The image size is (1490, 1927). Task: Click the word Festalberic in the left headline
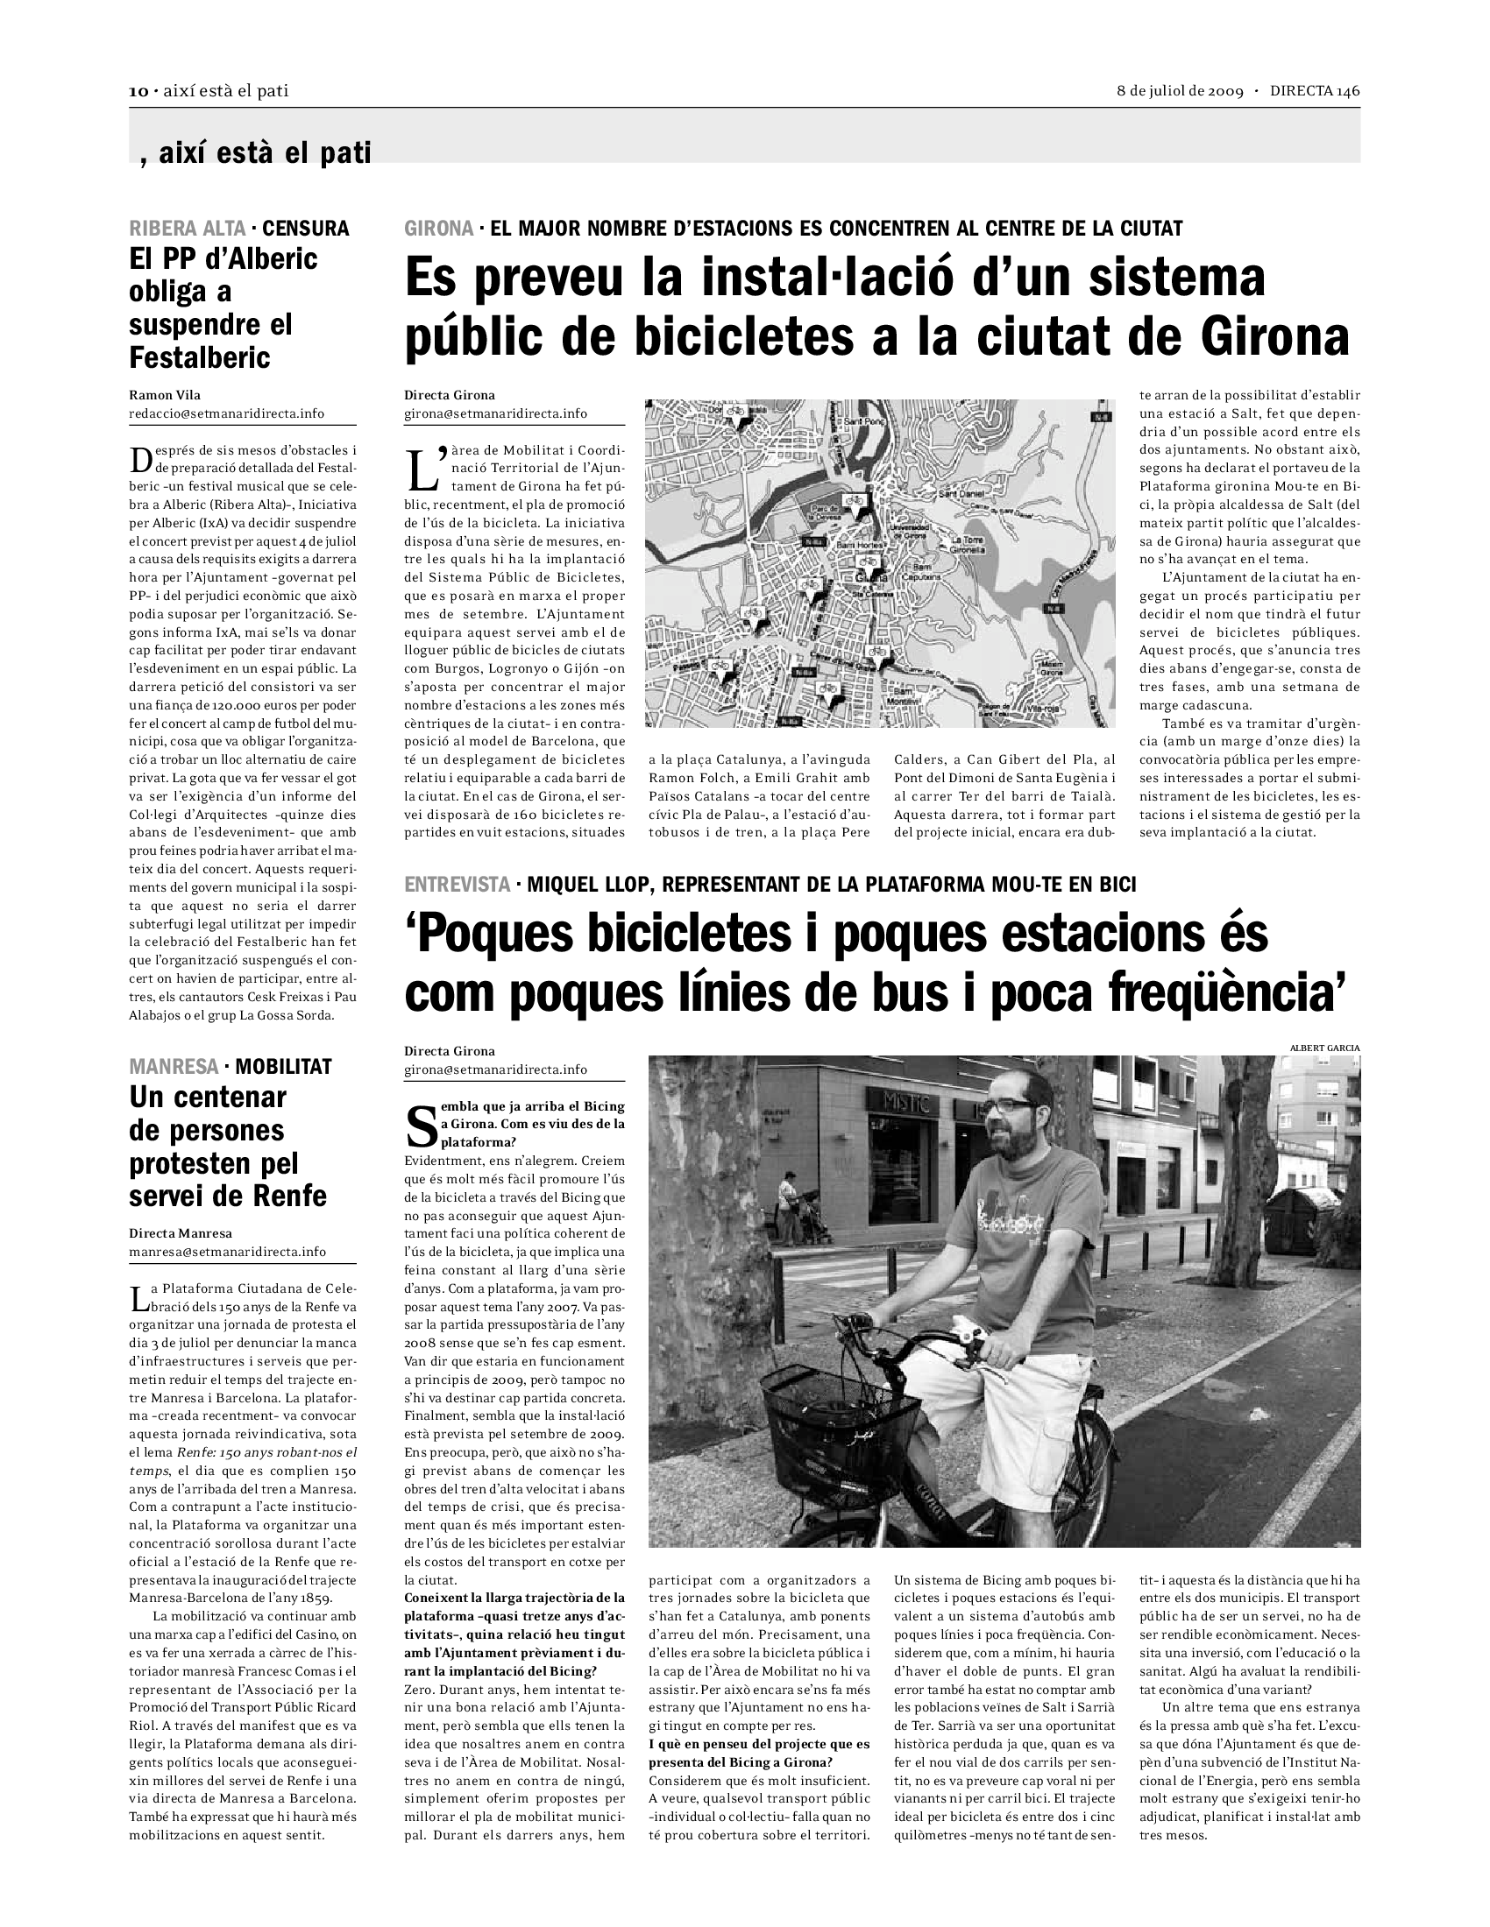(200, 357)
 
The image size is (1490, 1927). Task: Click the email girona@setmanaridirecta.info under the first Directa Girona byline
(495, 413)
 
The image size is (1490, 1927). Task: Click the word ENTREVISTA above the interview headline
(457, 883)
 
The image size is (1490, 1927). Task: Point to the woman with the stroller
(789, 1208)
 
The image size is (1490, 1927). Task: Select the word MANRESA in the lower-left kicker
(173, 1066)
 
